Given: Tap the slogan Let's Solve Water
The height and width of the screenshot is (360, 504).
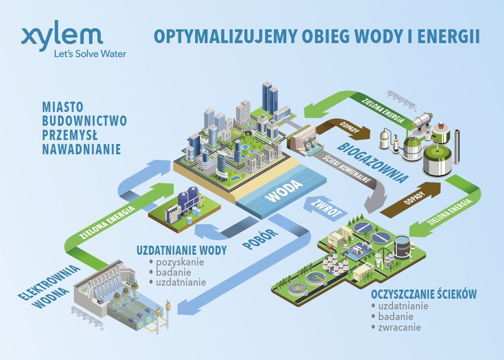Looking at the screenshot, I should (x=90, y=54).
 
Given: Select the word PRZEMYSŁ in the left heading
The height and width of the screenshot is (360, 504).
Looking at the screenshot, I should (x=70, y=135).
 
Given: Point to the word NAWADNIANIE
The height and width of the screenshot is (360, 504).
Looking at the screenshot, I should (x=81, y=150).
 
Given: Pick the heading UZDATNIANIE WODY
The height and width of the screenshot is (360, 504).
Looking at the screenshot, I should (x=182, y=250).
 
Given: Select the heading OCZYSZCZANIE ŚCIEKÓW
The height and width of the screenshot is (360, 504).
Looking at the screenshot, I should (x=424, y=294).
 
